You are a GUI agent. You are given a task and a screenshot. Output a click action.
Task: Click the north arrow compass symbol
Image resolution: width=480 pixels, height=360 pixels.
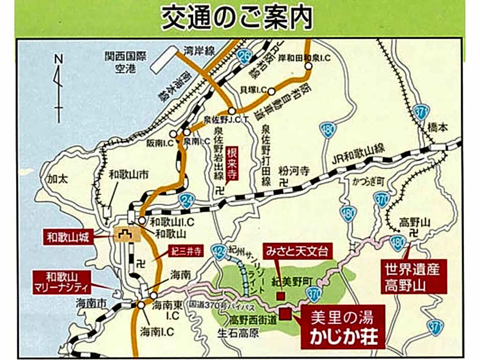pyautogui.click(x=59, y=87)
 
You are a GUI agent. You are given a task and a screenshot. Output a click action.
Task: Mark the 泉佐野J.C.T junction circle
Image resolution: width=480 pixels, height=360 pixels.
pyautogui.click(x=232, y=110)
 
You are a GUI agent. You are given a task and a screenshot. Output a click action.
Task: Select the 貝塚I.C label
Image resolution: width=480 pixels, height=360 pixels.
pyautogui.click(x=254, y=90)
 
